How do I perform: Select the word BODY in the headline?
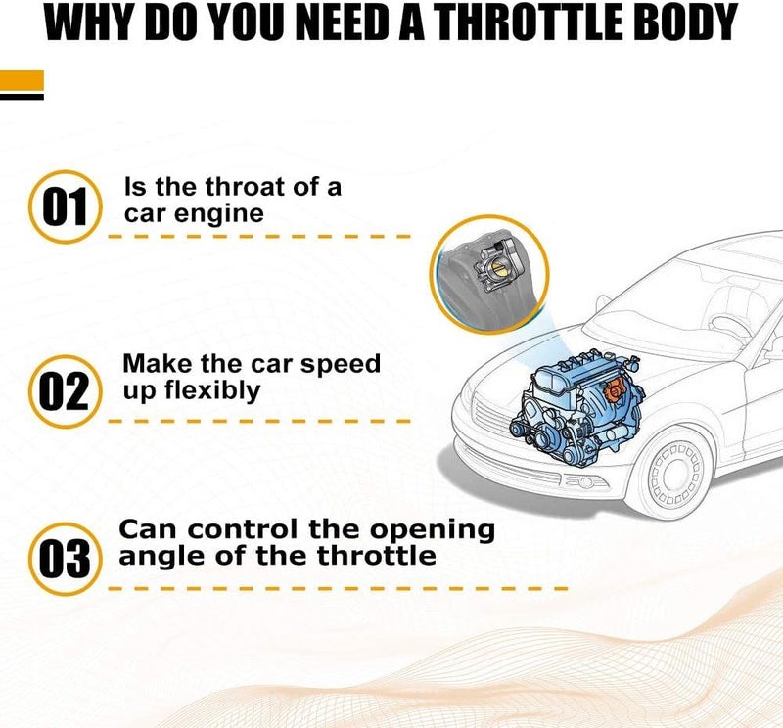tap(685, 23)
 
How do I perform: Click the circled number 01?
tap(65, 207)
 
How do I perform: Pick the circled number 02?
tap(65, 391)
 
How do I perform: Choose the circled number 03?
tap(65, 559)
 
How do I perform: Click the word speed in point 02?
tap(344, 364)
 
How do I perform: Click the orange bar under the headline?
tap(22, 81)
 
